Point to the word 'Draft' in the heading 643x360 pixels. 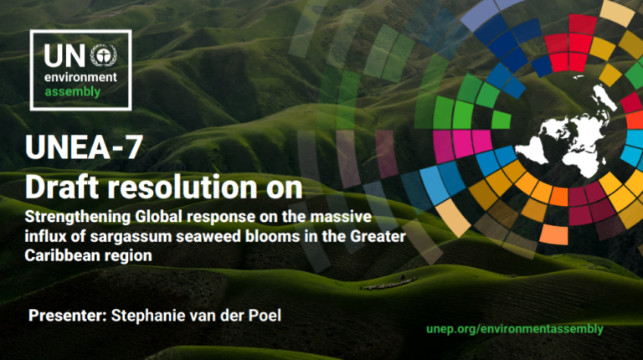[x=65, y=185]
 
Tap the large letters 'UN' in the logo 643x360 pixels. [x=64, y=56]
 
